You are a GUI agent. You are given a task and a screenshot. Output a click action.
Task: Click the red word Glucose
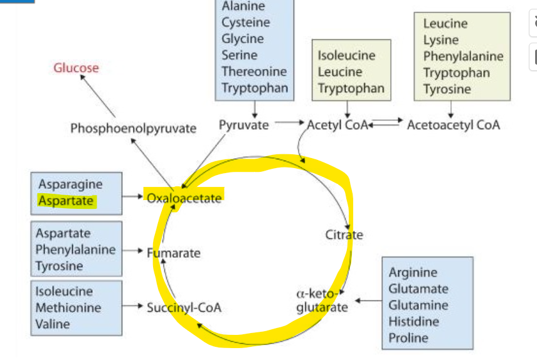pyautogui.click(x=76, y=68)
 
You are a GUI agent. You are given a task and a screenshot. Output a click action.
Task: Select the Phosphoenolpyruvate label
pyautogui.click(x=133, y=129)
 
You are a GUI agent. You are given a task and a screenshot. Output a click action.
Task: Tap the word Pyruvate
pyautogui.click(x=243, y=125)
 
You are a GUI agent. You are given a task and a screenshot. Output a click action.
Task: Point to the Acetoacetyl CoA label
pyautogui.click(x=453, y=125)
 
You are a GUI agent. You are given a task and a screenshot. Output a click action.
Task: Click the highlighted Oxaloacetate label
pyautogui.click(x=184, y=198)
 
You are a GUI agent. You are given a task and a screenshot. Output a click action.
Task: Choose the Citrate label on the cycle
pyautogui.click(x=344, y=235)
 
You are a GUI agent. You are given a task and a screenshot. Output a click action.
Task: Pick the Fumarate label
pyautogui.click(x=174, y=253)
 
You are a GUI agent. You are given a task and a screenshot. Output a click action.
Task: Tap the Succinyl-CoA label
pyautogui.click(x=184, y=308)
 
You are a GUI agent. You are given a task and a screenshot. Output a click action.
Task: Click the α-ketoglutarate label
pyautogui.click(x=321, y=300)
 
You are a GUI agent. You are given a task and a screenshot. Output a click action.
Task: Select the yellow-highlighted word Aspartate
pyautogui.click(x=66, y=201)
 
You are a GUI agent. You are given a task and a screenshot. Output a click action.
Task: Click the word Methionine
pyautogui.click(x=68, y=308)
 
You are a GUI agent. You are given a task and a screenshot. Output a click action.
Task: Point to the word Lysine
pyautogui.click(x=440, y=40)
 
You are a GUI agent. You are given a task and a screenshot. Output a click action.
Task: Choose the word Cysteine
pyautogui.click(x=245, y=23)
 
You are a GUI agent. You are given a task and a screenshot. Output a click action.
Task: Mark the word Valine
pyautogui.click(x=52, y=324)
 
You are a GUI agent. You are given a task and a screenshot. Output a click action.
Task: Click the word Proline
pyautogui.click(x=408, y=338)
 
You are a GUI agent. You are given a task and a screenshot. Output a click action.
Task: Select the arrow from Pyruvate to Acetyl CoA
pyautogui.click(x=289, y=124)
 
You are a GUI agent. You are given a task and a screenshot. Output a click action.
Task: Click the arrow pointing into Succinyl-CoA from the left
pyautogui.click(x=133, y=307)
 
